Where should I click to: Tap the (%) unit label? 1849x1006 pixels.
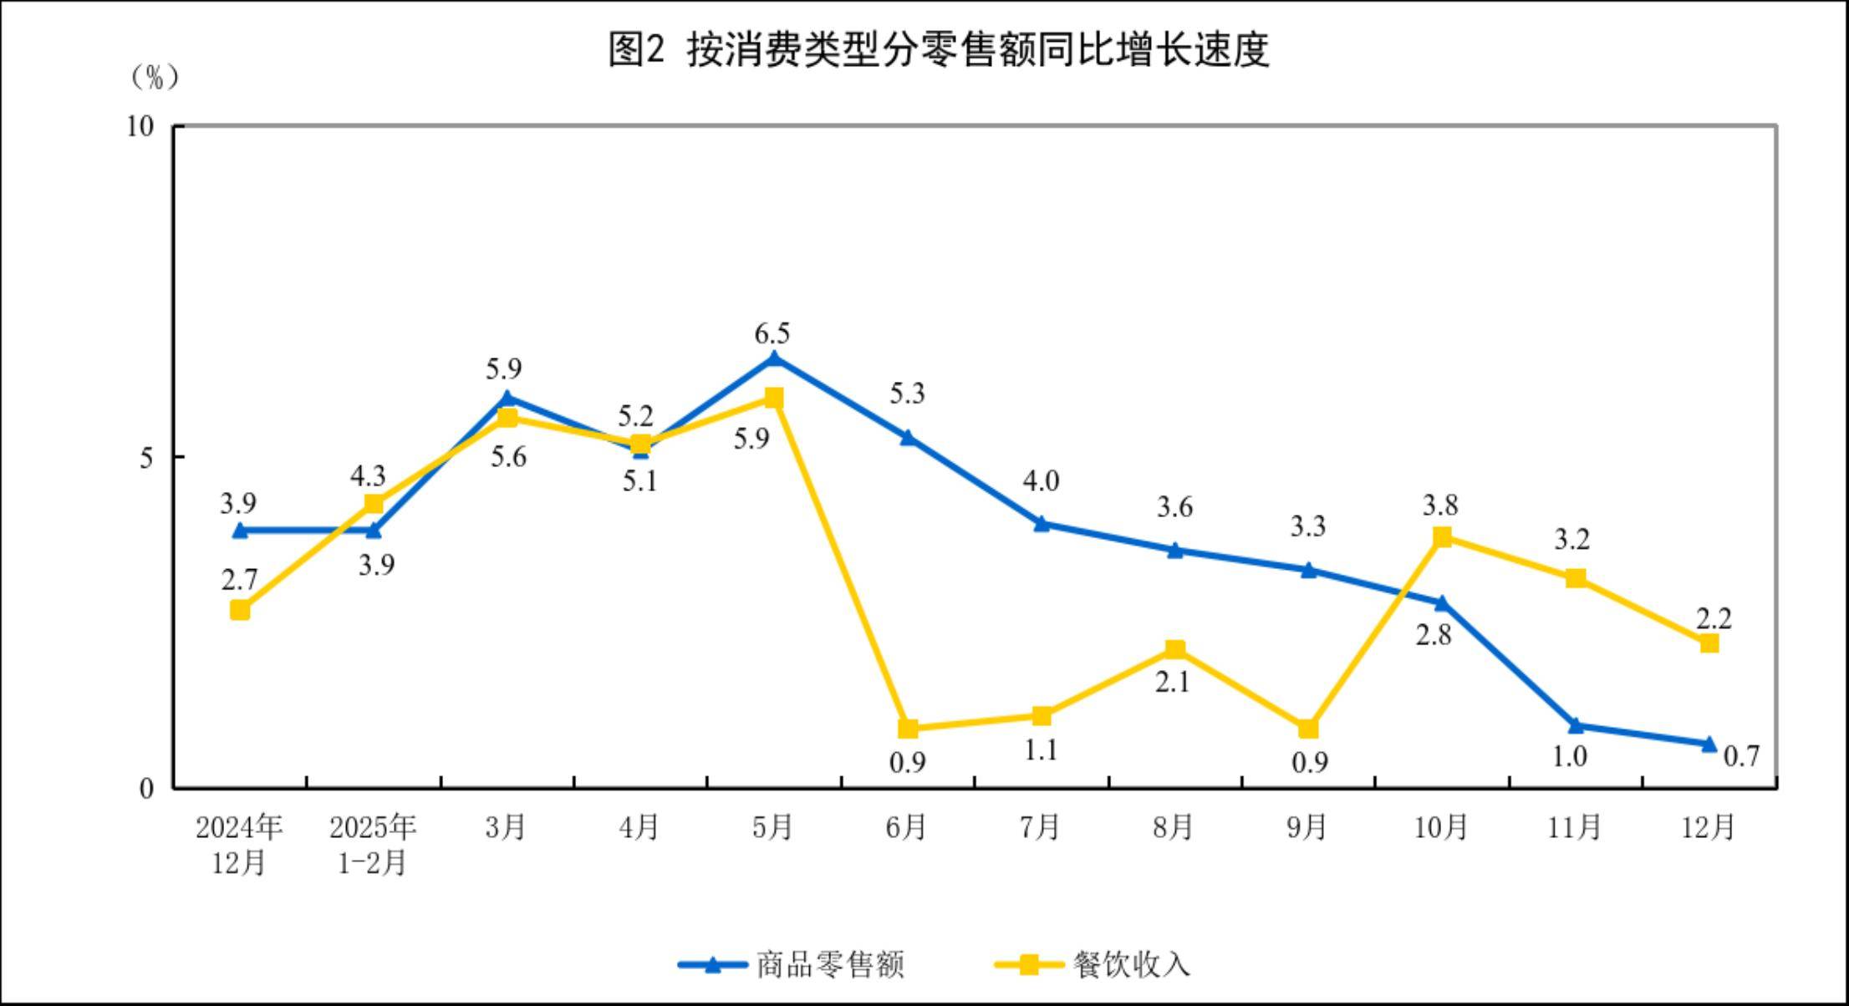click(x=155, y=78)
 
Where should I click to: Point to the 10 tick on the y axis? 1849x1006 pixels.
click(x=141, y=126)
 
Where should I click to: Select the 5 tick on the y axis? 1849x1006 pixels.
click(x=147, y=457)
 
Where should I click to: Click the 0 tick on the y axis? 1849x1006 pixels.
click(x=147, y=788)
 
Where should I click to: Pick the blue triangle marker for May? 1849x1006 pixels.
click(x=774, y=359)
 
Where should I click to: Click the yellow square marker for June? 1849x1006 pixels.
click(x=908, y=729)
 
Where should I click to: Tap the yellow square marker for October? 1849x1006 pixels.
click(x=1442, y=537)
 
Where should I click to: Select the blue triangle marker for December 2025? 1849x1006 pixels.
click(x=1709, y=744)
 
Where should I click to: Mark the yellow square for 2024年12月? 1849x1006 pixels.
click(x=240, y=610)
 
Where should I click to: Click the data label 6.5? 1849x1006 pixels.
click(x=772, y=334)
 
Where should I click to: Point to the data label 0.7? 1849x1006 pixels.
click(x=1742, y=756)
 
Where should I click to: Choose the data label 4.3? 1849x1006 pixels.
click(x=368, y=476)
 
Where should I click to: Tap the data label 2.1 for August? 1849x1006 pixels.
click(x=1172, y=683)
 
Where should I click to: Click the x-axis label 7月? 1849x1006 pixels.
click(x=1040, y=827)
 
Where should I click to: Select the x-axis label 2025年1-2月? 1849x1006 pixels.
click(x=373, y=844)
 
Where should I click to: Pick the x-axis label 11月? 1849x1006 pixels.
click(x=1574, y=827)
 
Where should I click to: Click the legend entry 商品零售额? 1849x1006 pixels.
click(x=829, y=965)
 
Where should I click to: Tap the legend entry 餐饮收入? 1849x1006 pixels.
click(x=1131, y=965)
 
